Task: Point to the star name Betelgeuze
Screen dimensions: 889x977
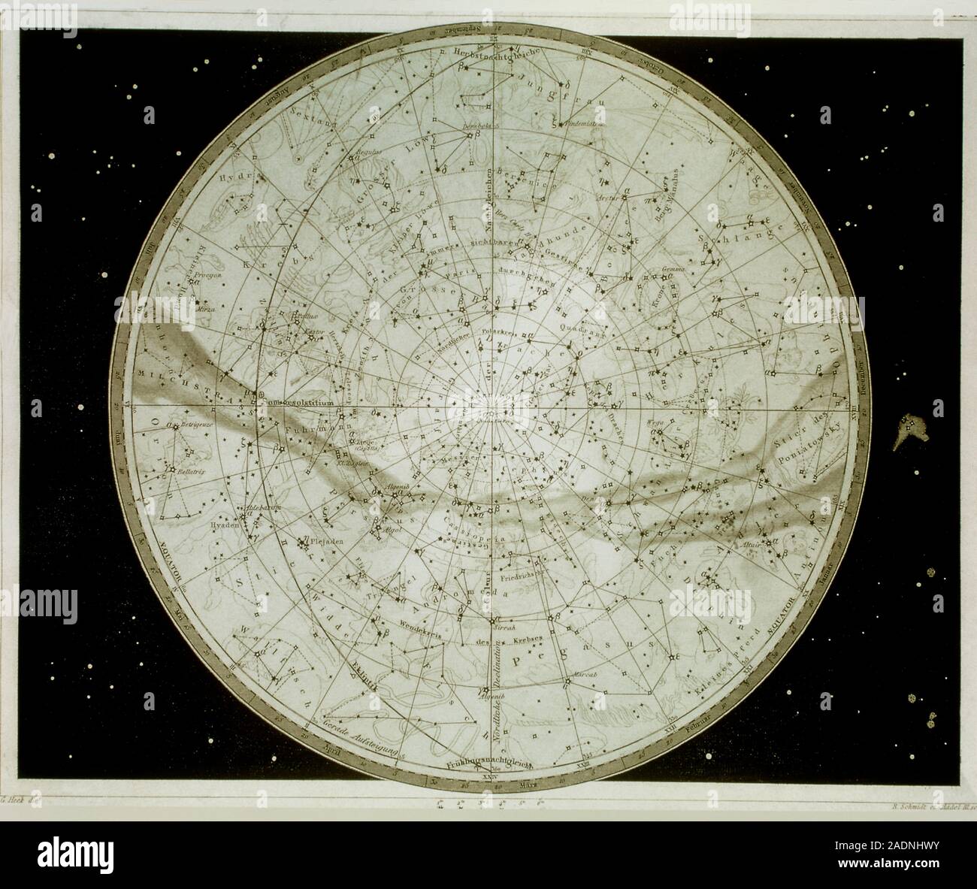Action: coord(192,425)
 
